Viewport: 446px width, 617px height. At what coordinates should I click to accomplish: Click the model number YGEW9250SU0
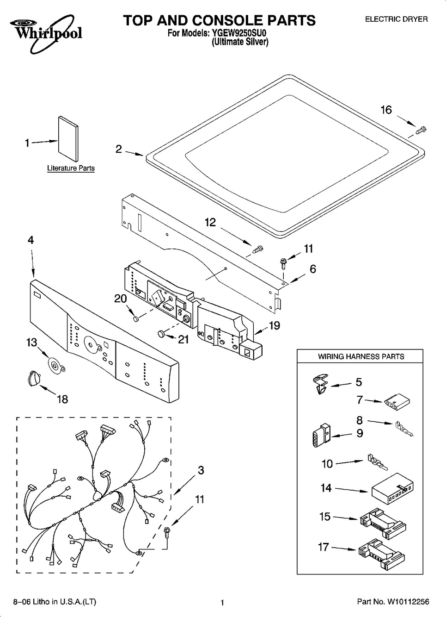tap(239, 33)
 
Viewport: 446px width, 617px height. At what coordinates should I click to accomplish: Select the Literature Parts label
tap(71, 168)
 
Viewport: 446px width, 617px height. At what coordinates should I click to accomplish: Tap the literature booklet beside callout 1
tap(68, 139)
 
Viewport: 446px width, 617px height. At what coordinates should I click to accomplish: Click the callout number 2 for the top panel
tap(118, 149)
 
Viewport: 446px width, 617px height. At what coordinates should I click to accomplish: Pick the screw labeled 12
tap(257, 250)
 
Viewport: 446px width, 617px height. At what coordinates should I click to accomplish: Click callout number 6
tap(313, 269)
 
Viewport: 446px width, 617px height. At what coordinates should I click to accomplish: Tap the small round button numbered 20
tap(135, 319)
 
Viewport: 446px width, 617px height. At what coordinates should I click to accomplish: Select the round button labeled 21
tap(161, 334)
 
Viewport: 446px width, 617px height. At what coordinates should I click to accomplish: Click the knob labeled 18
tap(34, 377)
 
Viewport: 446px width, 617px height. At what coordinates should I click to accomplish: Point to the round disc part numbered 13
tap(56, 366)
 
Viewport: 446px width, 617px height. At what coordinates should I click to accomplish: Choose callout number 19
tap(275, 325)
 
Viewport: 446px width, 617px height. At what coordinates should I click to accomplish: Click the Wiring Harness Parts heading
tap(361, 356)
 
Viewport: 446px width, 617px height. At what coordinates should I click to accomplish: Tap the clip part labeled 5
tap(320, 383)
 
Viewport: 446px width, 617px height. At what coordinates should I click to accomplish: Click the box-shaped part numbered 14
tap(393, 489)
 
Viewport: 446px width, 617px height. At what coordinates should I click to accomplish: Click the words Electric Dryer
tap(396, 19)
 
